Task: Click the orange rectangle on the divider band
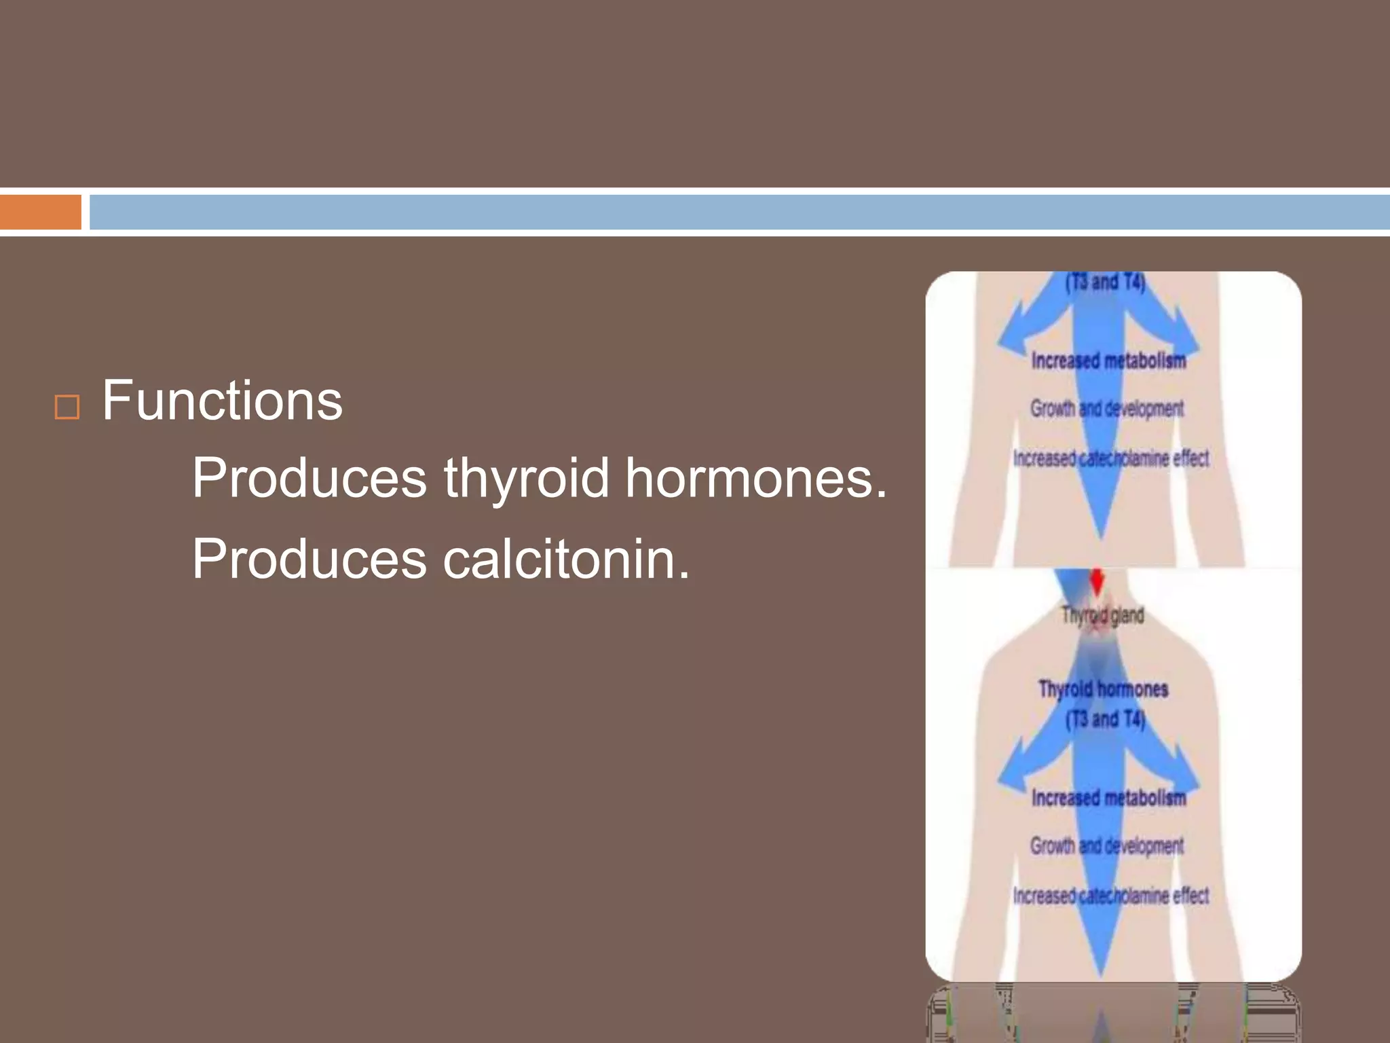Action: [x=40, y=212]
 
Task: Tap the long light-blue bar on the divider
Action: [x=738, y=212]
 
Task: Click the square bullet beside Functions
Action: [x=67, y=407]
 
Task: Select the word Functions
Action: [x=222, y=401]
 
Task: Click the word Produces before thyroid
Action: [x=309, y=478]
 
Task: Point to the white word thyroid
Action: [x=527, y=478]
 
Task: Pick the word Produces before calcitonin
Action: [x=309, y=559]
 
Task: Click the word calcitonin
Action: [x=566, y=559]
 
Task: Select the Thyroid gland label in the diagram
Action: [x=1103, y=615]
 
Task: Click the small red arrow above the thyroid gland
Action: [x=1097, y=581]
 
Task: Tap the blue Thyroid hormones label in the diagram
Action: [x=1103, y=689]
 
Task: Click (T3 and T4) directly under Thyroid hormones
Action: [x=1105, y=718]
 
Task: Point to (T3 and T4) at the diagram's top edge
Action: [x=1105, y=281]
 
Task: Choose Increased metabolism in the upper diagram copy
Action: [x=1108, y=361]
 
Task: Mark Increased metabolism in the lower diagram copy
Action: [x=1108, y=798]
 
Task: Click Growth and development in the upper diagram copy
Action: [x=1107, y=409]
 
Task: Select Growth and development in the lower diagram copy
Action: [x=1107, y=846]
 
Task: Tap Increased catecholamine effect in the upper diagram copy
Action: [x=1111, y=459]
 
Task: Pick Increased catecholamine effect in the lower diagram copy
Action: [x=1111, y=896]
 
